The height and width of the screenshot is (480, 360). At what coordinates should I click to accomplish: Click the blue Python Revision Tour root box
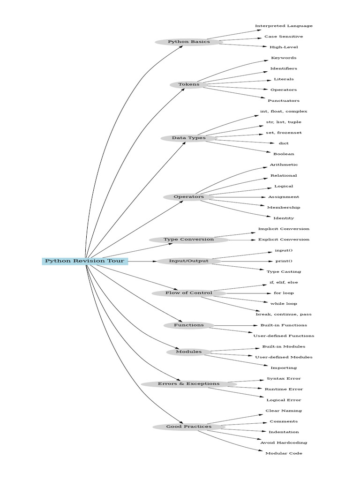click(85, 261)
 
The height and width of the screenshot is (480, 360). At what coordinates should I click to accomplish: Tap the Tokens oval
click(189, 84)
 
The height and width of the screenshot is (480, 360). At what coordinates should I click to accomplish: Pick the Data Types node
click(189, 138)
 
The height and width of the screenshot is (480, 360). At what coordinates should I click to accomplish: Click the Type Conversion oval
click(189, 240)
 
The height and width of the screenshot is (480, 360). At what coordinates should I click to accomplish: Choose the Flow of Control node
click(189, 293)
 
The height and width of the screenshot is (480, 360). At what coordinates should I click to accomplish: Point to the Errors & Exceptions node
click(189, 384)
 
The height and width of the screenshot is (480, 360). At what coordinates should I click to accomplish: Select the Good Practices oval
click(189, 427)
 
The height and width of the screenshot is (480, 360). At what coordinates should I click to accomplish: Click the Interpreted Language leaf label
click(284, 26)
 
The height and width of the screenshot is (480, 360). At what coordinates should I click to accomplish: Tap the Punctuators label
click(284, 101)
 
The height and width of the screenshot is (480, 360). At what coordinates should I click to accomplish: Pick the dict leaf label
click(284, 143)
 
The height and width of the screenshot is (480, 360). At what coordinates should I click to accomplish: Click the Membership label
click(284, 208)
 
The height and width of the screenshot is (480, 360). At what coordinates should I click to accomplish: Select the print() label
click(284, 261)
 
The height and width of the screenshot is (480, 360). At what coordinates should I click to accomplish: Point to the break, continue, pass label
click(284, 315)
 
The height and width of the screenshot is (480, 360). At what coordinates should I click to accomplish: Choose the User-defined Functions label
click(284, 336)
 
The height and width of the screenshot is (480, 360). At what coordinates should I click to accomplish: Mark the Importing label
click(284, 368)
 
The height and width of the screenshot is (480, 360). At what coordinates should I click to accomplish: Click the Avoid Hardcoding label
click(284, 442)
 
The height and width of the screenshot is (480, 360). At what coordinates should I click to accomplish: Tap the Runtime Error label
click(284, 389)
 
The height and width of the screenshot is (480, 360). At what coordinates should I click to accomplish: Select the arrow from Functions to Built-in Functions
click(234, 325)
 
